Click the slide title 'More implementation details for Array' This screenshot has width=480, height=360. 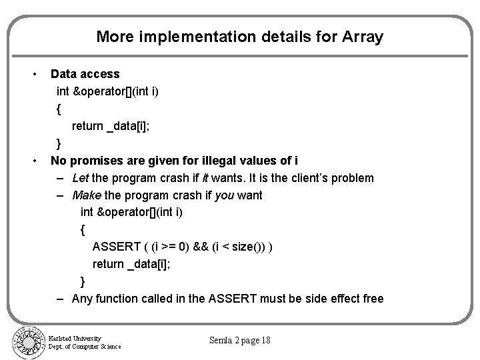coord(239,36)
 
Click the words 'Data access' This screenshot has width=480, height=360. coord(85,74)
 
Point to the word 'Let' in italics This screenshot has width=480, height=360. coord(81,178)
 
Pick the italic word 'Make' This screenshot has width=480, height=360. coord(85,195)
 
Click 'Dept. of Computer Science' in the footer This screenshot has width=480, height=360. coord(85,347)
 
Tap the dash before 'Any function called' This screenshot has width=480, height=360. coord(61,299)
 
